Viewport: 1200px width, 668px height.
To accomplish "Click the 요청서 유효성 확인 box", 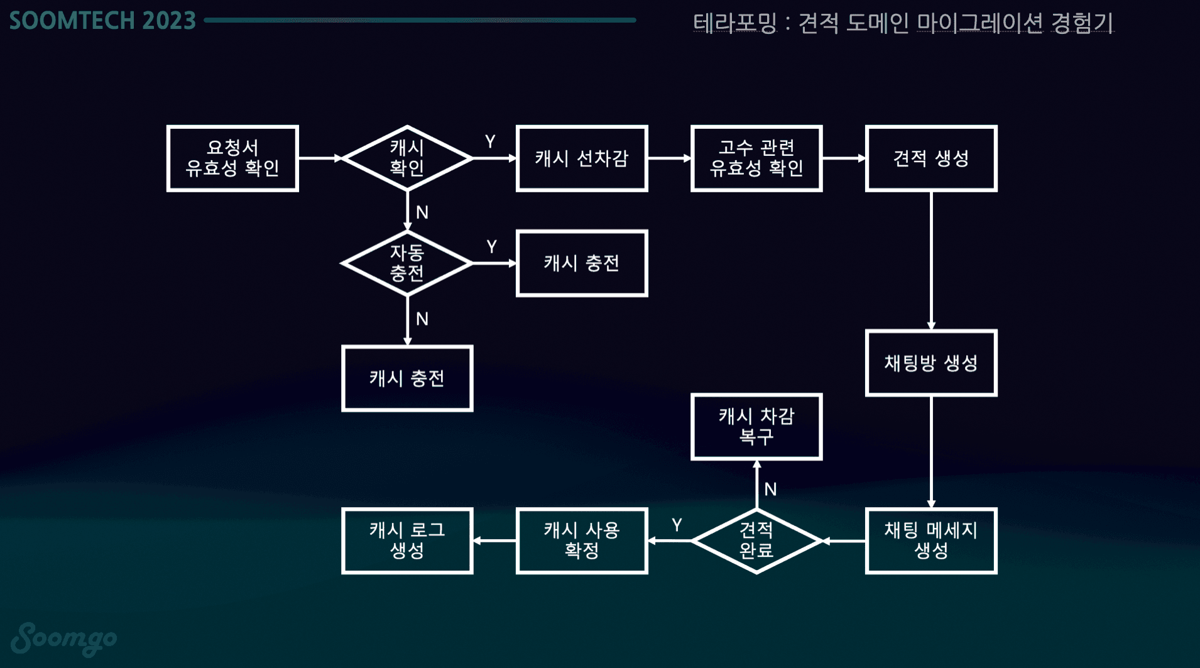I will [x=232, y=158].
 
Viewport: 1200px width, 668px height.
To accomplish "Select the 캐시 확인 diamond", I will [x=407, y=158].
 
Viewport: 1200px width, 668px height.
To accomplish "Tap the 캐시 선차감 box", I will [x=582, y=158].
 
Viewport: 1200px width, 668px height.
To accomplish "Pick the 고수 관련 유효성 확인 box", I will [x=756, y=158].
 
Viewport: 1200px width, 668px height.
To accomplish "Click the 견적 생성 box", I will [x=931, y=158].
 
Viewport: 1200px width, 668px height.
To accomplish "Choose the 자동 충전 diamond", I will [x=407, y=263].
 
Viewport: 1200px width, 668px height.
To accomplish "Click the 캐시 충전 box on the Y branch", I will [x=582, y=263].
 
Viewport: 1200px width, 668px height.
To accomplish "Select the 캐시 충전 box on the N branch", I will [x=407, y=378].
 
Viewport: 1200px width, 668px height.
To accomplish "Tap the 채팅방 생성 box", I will [x=931, y=363].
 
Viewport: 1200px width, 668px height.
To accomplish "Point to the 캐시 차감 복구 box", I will [x=756, y=427].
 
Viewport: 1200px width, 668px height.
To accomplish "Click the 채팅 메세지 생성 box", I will [x=931, y=540].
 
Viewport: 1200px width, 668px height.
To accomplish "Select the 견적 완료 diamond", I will [x=756, y=540].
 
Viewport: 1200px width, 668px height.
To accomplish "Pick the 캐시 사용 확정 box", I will [x=582, y=540].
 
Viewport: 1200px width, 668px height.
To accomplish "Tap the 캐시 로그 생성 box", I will [x=407, y=540].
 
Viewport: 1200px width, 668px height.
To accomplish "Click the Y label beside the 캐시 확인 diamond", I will [x=490, y=142].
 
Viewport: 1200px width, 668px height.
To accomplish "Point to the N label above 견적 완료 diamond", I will [x=771, y=490].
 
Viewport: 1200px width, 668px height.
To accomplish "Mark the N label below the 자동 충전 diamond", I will [x=422, y=319].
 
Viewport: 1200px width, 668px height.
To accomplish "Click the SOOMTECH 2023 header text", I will [x=102, y=21].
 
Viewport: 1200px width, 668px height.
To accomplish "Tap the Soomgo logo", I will [x=64, y=638].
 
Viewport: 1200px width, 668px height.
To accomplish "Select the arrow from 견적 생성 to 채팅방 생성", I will [x=931, y=260].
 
